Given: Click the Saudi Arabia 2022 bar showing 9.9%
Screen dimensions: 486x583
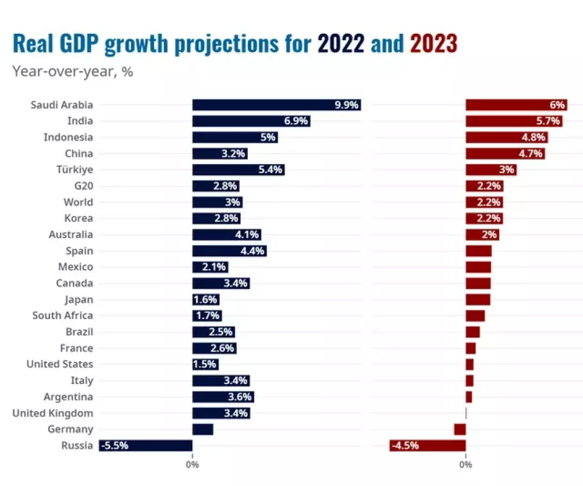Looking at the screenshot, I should [276, 105].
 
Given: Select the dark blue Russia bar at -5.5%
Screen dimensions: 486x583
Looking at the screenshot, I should [146, 446].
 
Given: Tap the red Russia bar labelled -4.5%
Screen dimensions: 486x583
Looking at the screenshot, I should [427, 446].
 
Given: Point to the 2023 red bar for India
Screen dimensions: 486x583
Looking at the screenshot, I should [514, 121].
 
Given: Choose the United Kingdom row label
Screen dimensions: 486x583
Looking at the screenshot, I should [53, 413].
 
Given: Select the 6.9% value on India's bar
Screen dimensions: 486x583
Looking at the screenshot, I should [296, 121].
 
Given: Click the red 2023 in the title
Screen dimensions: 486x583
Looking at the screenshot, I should [433, 44].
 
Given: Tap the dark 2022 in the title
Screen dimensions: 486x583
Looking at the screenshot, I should [341, 44].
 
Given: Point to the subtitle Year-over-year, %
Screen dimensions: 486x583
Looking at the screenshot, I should [73, 72].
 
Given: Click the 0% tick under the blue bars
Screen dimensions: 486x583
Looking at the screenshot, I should [192, 465].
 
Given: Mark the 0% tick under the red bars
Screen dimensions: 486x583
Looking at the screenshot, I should [466, 465].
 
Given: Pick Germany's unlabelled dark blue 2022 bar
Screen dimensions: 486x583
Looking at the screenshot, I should [203, 429].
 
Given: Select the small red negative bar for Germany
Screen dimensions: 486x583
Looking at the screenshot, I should [460, 429].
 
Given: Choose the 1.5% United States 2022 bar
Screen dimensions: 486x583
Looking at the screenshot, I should [205, 365].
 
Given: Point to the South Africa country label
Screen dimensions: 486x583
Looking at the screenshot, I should [62, 316].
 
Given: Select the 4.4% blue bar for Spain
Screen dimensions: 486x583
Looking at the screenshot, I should [229, 251].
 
